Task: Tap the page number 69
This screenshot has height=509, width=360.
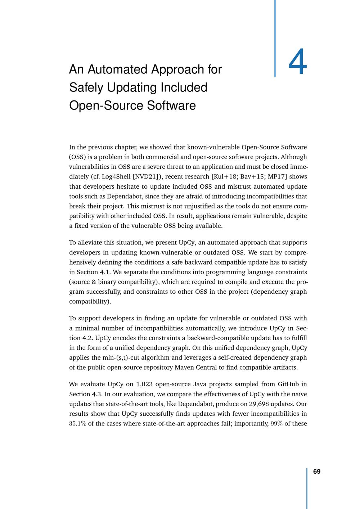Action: (317, 472)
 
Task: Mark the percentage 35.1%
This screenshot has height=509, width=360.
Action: (77, 424)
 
